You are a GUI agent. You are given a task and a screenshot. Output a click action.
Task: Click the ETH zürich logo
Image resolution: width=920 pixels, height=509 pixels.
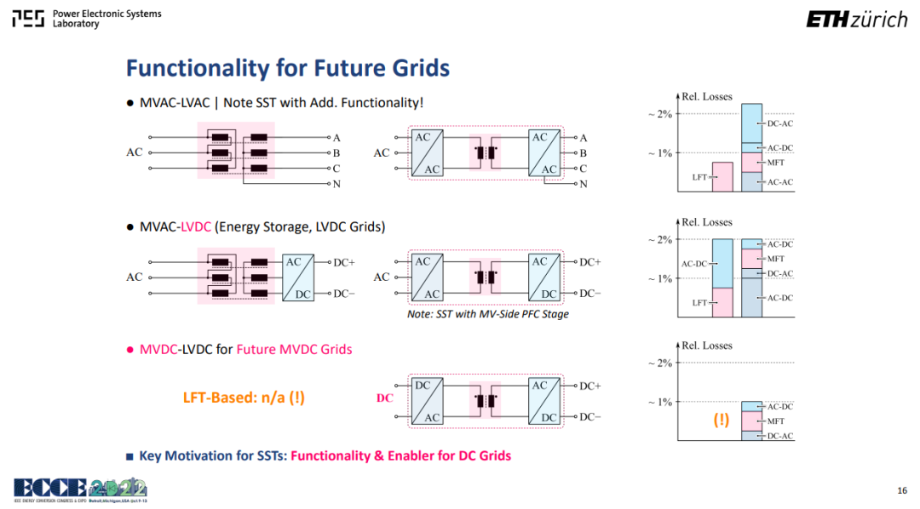(x=856, y=20)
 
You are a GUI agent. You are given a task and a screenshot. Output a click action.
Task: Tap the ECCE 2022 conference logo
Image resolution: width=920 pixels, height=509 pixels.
(x=80, y=489)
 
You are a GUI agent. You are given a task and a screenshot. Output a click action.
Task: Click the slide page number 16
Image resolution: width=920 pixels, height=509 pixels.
(x=902, y=490)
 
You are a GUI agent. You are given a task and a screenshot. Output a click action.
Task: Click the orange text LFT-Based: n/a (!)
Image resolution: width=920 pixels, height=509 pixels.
(x=244, y=397)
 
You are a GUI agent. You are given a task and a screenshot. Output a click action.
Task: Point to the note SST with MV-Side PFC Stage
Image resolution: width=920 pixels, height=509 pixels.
(x=487, y=314)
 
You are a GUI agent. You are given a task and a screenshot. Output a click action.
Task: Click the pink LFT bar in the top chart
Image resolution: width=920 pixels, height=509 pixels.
(x=722, y=177)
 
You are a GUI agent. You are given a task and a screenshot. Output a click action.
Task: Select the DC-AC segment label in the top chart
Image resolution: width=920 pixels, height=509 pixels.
(x=779, y=123)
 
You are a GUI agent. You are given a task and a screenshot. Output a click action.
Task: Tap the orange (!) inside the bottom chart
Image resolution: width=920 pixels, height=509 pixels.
(x=722, y=420)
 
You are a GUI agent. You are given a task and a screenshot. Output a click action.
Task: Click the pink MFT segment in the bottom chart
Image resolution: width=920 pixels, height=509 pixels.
(x=751, y=421)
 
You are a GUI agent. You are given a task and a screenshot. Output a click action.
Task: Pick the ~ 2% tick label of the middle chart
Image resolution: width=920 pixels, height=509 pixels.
(x=660, y=240)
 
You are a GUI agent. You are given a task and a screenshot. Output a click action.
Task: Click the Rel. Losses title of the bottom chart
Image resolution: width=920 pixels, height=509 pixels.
(x=706, y=346)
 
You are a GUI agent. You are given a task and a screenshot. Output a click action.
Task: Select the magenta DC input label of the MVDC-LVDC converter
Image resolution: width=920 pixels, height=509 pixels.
(x=385, y=398)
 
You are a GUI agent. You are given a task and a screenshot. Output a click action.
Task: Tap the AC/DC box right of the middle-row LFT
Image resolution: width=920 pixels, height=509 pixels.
(x=298, y=277)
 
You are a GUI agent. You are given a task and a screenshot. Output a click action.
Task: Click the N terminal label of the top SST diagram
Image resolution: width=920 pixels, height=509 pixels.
(x=584, y=184)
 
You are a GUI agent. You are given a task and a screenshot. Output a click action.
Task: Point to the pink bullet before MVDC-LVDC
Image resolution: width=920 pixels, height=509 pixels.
(x=130, y=350)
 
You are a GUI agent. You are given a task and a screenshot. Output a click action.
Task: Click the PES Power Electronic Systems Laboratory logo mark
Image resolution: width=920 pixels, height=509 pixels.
(x=28, y=19)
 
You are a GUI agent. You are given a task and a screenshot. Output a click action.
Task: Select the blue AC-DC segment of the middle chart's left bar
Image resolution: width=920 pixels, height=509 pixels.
(x=722, y=263)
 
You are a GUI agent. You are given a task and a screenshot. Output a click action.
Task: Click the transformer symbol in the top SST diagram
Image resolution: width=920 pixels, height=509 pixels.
(x=486, y=153)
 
